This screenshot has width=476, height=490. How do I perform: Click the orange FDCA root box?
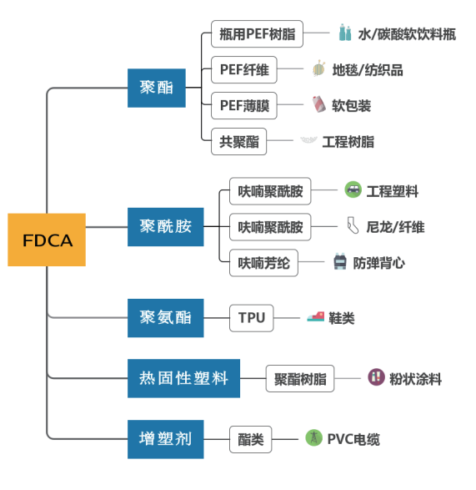[47, 240]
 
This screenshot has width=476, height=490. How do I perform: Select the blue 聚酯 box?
[156, 87]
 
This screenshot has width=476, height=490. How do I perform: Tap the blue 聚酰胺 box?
[165, 226]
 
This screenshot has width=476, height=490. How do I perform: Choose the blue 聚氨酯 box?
[165, 317]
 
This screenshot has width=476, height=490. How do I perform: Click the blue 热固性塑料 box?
[183, 378]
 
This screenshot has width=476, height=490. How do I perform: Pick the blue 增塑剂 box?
[165, 438]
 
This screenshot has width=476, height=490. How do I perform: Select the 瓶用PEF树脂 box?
[257, 34]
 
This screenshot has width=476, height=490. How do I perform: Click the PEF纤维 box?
[243, 69]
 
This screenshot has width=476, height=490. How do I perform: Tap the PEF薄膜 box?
[243, 105]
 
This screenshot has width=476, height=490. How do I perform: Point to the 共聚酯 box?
[238, 141]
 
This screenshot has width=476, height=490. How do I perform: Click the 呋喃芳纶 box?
[264, 262]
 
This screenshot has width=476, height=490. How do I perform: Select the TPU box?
[251, 317]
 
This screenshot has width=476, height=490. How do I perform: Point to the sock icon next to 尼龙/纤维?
[351, 226]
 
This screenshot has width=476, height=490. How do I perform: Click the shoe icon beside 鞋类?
[314, 317]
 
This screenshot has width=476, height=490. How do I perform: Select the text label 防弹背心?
[379, 263]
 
